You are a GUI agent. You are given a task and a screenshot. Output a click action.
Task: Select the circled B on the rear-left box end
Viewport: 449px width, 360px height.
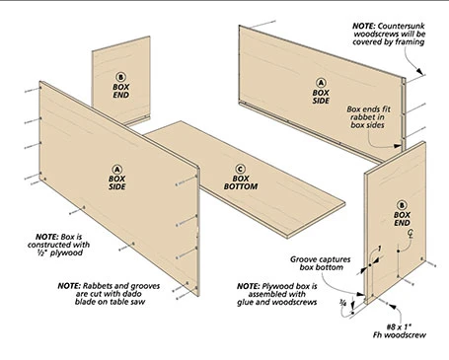click(x=120, y=76)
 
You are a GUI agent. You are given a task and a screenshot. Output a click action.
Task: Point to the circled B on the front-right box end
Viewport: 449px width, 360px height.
click(x=402, y=203)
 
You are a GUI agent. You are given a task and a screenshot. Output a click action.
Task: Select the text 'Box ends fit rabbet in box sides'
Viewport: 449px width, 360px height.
click(x=376, y=123)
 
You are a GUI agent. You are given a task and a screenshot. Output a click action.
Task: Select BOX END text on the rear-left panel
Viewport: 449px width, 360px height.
click(x=120, y=93)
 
